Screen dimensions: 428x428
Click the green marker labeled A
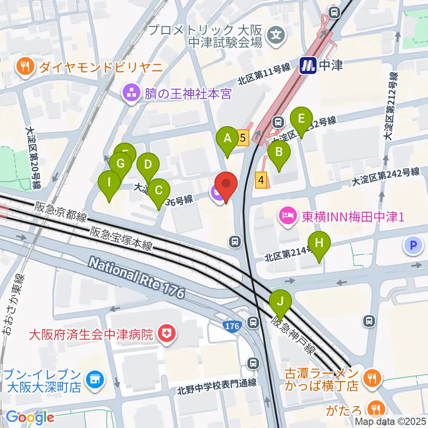pyautogui.click(x=227, y=139)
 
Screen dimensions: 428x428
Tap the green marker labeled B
pyautogui.click(x=279, y=153)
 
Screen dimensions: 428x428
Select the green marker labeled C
pyautogui.click(x=158, y=191)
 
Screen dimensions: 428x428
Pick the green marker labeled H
pyautogui.click(x=319, y=244)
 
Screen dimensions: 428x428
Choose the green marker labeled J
pyautogui.click(x=281, y=301)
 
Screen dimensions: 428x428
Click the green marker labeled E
pyautogui.click(x=301, y=119)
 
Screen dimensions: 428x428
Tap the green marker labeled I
pyautogui.click(x=109, y=183)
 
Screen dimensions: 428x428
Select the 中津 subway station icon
pyautogui.click(x=308, y=66)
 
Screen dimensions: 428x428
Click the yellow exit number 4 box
pyautogui.click(x=261, y=181)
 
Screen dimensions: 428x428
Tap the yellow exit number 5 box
pyautogui.click(x=243, y=138)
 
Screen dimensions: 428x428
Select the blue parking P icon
pyautogui.click(x=413, y=245)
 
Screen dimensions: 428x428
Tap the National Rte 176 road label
pyautogui.click(x=136, y=278)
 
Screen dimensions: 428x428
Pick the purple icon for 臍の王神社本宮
pyautogui.click(x=132, y=94)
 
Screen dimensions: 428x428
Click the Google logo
pyautogui.click(x=30, y=417)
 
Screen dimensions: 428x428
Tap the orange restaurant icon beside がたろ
pyautogui.click(x=374, y=407)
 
